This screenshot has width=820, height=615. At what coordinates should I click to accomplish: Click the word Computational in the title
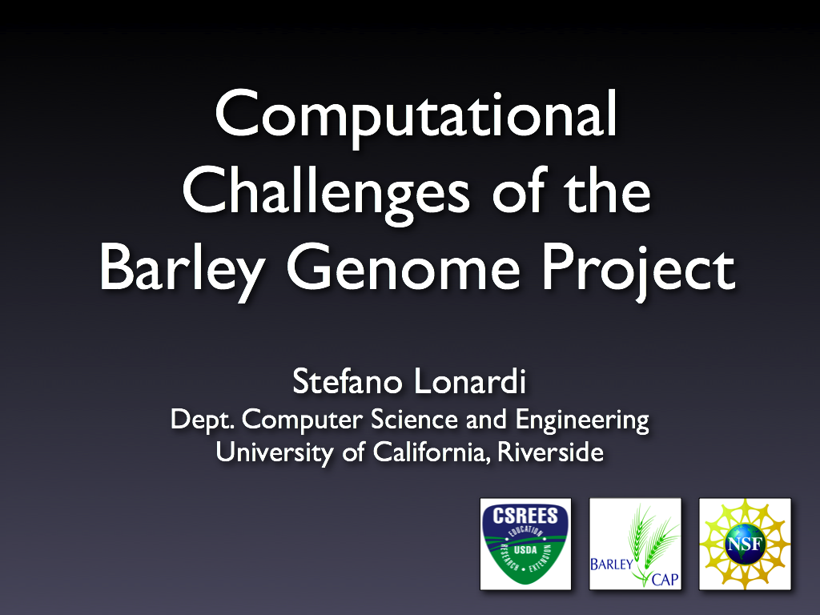[x=416, y=117]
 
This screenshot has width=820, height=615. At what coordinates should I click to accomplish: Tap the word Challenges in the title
[x=326, y=194]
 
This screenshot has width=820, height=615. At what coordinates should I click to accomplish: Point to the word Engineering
[x=582, y=420]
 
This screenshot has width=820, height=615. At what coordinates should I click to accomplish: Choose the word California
[x=432, y=452]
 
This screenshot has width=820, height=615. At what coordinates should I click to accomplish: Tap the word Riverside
[x=550, y=452]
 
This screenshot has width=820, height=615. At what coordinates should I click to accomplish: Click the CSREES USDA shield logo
[x=525, y=544]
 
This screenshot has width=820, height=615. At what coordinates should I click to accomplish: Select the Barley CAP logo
[x=635, y=544]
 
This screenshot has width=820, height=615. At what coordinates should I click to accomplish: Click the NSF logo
[x=746, y=544]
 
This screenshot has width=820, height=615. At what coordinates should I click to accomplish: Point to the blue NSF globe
[x=746, y=545]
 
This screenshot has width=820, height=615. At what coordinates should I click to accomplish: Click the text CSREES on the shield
[x=525, y=517]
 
